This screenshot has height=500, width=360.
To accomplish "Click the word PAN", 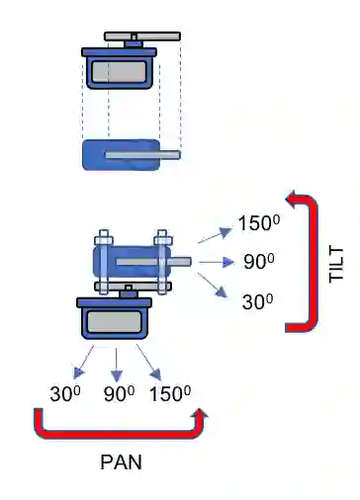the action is point(121,461).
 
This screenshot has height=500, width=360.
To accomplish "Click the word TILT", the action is point(336,265).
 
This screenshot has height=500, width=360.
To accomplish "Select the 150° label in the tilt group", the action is point(259,222).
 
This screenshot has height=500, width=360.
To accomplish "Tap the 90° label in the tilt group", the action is point(259,261).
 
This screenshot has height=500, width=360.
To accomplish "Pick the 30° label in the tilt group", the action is point(257,301).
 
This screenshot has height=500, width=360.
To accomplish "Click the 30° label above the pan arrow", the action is point(65,393).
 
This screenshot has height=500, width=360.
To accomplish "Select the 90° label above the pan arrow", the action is point(119,393).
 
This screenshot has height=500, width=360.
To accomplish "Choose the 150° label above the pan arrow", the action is point(170,393).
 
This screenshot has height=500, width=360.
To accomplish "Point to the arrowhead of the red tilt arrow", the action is point(290,199).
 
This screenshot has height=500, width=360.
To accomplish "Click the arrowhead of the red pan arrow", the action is point(200,413).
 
